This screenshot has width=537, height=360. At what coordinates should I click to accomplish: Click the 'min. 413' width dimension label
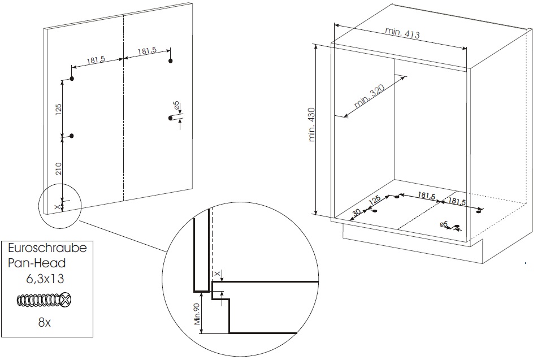402,33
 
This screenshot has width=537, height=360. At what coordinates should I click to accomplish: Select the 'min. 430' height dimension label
313,124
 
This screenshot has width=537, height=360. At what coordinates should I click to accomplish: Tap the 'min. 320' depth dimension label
369,96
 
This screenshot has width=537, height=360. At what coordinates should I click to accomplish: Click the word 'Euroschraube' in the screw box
47,248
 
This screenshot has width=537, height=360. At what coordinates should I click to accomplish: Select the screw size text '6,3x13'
45,279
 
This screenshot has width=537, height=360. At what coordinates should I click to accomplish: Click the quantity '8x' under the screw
45,322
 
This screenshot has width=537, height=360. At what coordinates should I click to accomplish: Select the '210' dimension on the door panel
59,168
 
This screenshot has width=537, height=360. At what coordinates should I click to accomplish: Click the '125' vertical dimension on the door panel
58,109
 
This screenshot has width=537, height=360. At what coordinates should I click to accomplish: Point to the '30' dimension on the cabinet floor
356,212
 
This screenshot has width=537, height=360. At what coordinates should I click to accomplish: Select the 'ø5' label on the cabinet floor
444,224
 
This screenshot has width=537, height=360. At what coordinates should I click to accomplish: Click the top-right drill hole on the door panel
170,61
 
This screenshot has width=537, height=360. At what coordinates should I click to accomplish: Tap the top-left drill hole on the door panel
72,79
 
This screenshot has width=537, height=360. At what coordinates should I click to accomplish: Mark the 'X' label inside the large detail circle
216,274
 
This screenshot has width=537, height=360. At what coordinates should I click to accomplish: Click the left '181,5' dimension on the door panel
96,60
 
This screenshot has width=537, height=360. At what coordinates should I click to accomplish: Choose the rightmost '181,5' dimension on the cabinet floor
457,201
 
